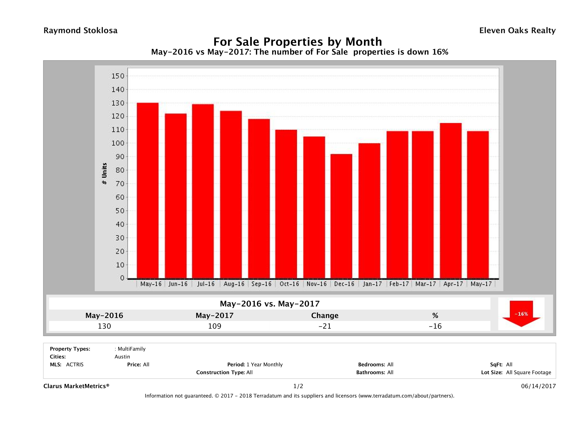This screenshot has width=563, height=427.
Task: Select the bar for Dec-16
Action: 341,216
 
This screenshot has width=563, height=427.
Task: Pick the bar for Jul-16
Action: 203,191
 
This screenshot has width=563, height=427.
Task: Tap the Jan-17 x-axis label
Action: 372,284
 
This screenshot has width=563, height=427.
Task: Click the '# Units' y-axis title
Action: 104,174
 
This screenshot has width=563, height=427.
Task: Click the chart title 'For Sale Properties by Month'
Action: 297,42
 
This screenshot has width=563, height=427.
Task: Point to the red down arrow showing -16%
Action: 521,314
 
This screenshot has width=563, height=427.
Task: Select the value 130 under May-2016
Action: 104,326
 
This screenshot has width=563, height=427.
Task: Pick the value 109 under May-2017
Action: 215,326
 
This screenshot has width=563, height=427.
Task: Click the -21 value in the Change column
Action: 325,326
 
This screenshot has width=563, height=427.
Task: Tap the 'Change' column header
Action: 325,316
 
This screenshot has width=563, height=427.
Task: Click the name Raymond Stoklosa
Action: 80,31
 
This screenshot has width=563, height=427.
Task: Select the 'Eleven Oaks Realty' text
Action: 517,31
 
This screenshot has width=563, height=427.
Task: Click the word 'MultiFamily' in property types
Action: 131,349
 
